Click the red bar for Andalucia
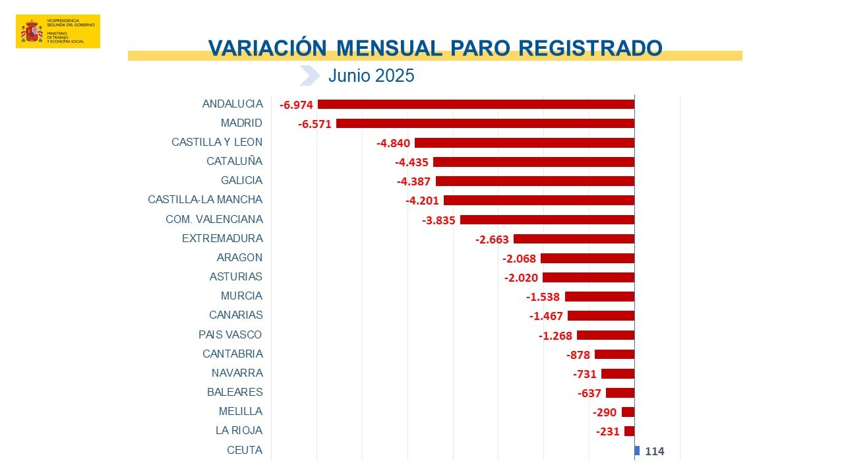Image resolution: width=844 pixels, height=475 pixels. [x=475, y=104]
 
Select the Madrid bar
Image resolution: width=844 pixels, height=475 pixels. [x=485, y=123]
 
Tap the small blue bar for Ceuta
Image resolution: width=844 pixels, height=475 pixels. [x=637, y=451]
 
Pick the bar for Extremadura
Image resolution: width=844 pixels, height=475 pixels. [x=574, y=239]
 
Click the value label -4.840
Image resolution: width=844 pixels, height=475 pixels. [x=393, y=143]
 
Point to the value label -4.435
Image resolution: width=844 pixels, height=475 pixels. [x=411, y=162]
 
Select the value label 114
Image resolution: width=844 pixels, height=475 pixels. [x=655, y=451]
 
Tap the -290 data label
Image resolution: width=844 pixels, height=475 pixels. [x=605, y=412]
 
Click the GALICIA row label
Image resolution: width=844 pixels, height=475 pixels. [x=241, y=180]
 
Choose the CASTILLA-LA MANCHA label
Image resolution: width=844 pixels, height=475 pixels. [x=205, y=199]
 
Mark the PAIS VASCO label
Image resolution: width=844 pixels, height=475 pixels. [x=230, y=334]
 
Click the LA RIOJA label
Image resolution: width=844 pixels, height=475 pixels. [x=239, y=430]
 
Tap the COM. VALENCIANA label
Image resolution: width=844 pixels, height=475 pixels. [x=214, y=219]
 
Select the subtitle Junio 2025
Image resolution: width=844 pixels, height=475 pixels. [x=371, y=76]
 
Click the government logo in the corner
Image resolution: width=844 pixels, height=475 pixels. [x=58, y=31]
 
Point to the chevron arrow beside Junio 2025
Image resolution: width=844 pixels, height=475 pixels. [x=309, y=76]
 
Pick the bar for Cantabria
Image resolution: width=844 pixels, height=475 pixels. [x=614, y=354]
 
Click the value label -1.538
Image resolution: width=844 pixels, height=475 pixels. [x=542, y=297]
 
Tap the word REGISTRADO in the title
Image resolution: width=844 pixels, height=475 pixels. [x=590, y=47]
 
